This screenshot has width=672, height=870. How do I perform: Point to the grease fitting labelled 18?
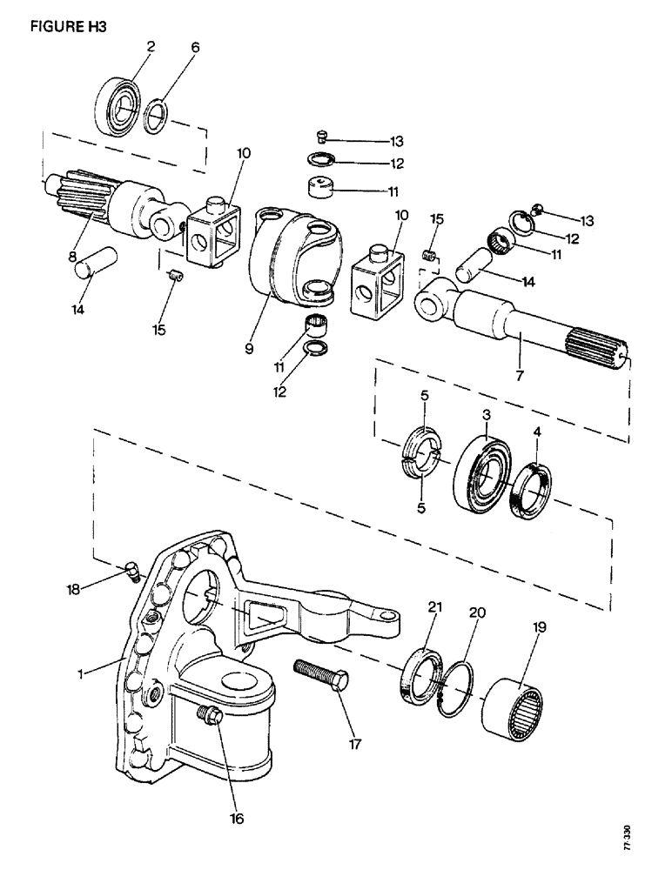point(131,572)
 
